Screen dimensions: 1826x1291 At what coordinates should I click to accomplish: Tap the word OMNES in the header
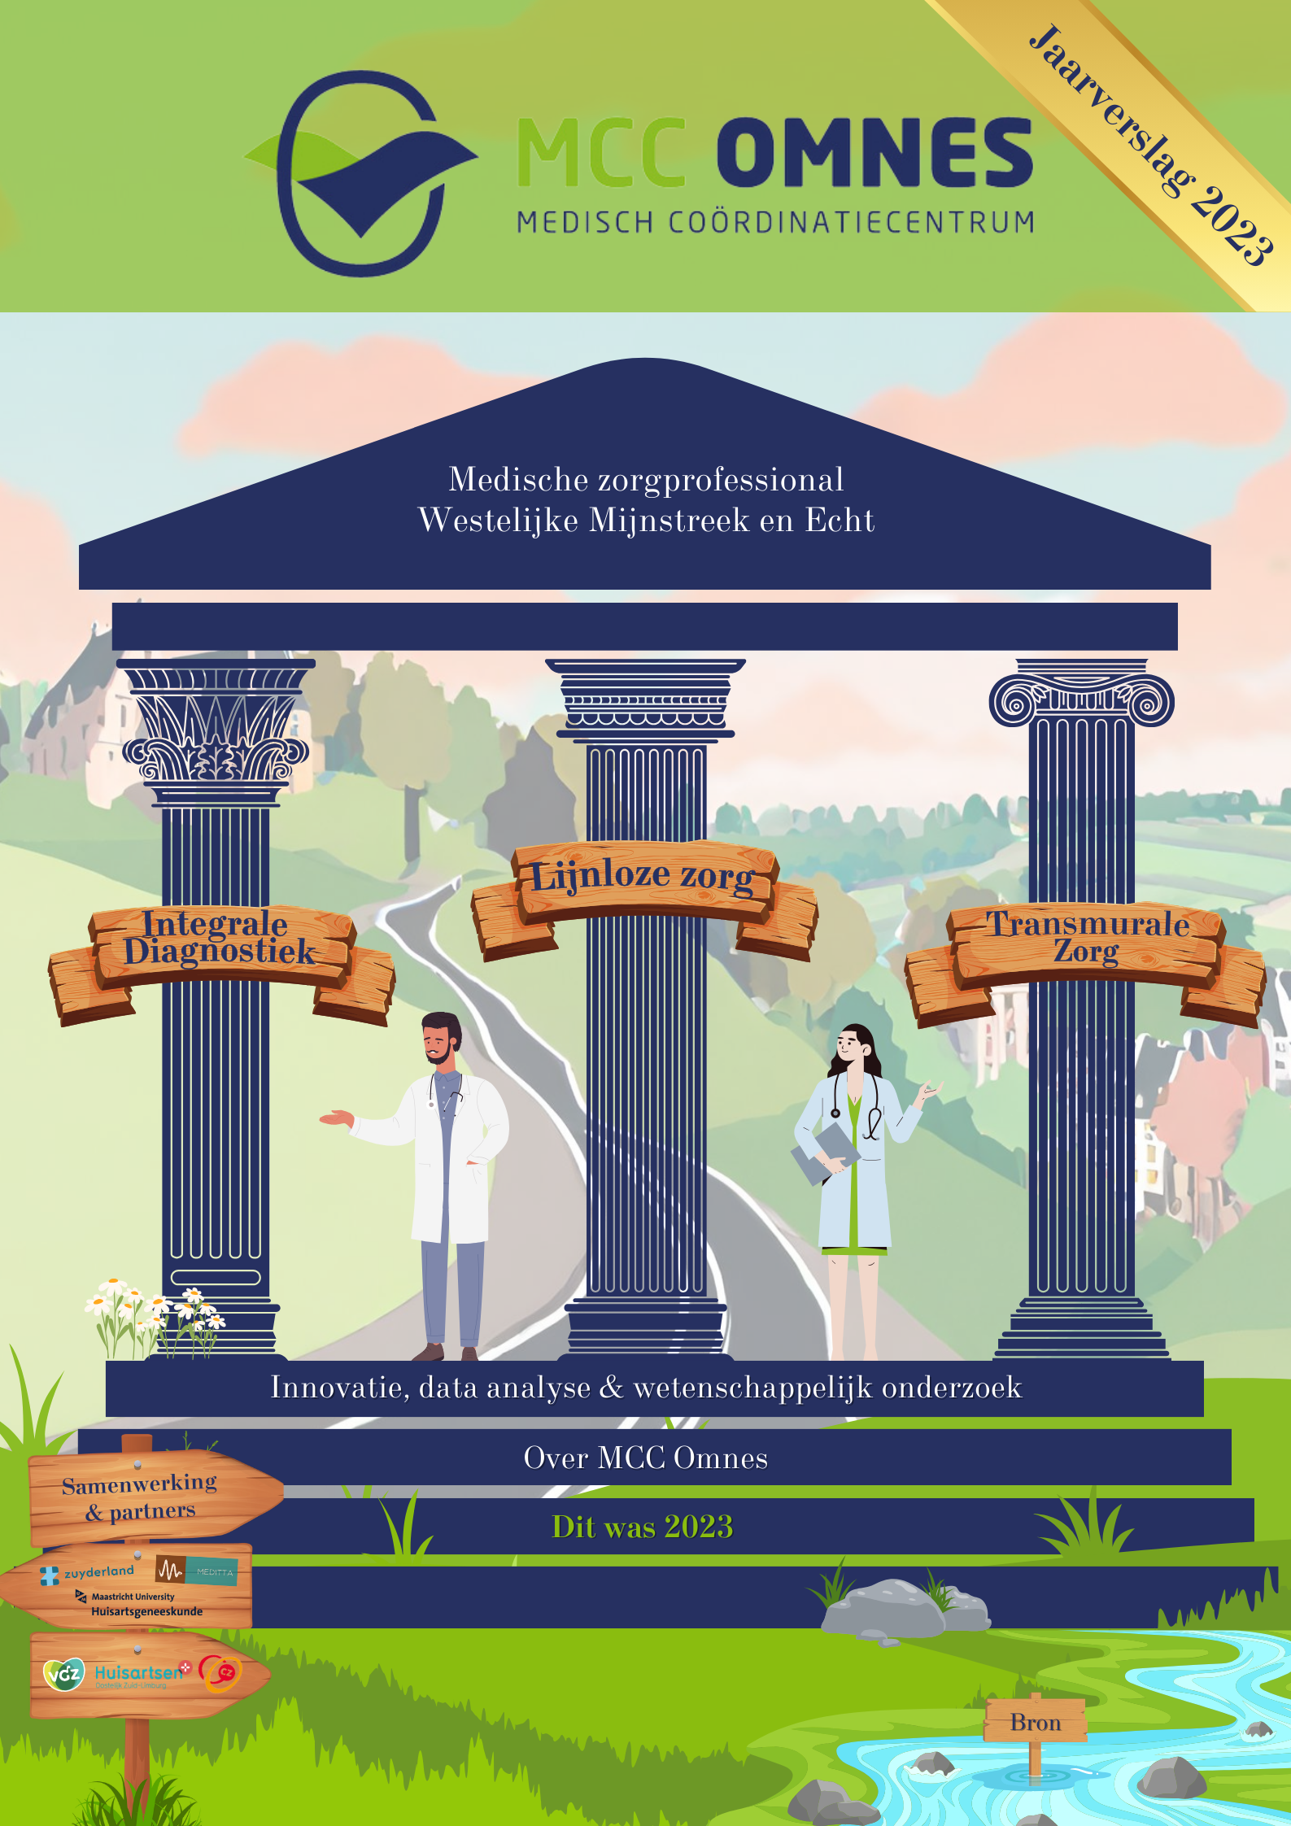point(874,152)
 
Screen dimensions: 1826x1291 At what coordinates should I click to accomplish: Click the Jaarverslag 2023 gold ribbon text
point(1149,145)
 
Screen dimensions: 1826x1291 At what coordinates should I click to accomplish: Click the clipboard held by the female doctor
point(823,1152)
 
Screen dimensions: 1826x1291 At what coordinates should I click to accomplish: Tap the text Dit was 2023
point(642,1527)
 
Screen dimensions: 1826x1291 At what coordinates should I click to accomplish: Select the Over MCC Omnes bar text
point(645,1458)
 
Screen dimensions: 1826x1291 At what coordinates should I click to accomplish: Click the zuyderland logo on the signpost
point(88,1574)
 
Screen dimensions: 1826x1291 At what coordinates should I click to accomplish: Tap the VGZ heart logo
point(63,1673)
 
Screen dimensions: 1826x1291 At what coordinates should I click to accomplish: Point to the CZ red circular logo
point(221,1672)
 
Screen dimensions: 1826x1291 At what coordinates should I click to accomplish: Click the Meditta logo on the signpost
point(197,1571)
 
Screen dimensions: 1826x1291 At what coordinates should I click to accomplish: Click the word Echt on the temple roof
point(840,521)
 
